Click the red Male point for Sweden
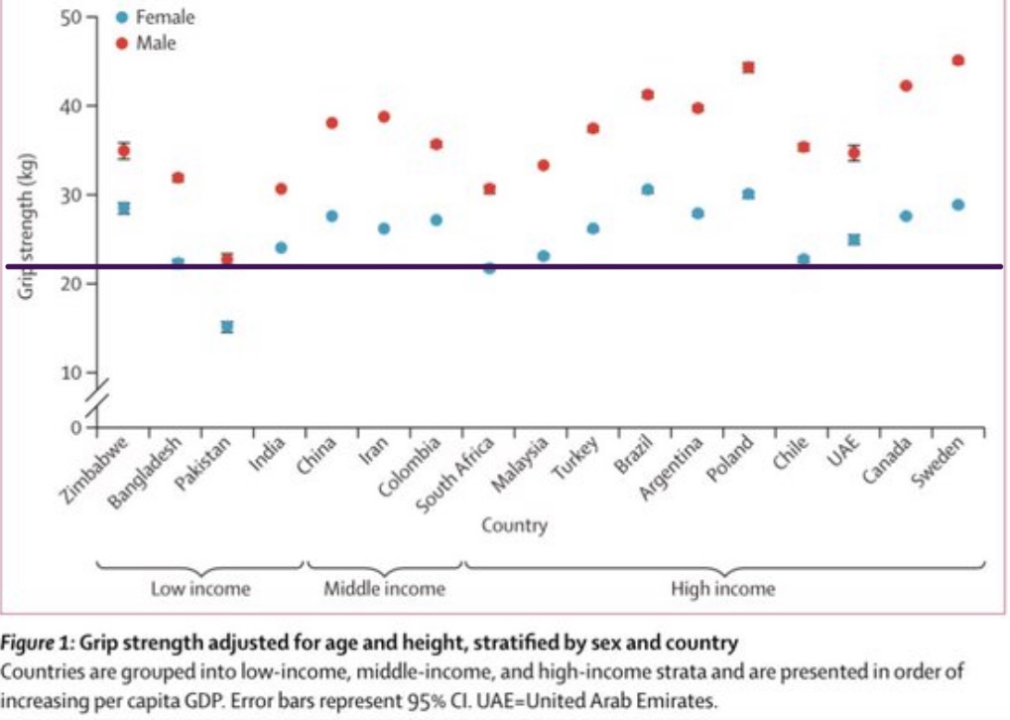click(x=957, y=61)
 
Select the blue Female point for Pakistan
click(x=227, y=327)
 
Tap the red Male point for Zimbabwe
click(x=124, y=152)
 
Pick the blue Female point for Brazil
click(x=648, y=190)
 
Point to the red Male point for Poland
click(x=748, y=68)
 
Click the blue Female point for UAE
click(x=854, y=239)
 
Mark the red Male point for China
click(x=331, y=123)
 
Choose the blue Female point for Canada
click(x=906, y=216)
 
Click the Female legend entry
click(x=155, y=18)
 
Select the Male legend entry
click(x=146, y=43)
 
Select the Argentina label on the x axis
click(x=672, y=468)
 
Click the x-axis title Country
click(x=515, y=525)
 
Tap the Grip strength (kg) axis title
click(x=26, y=226)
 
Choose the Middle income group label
click(x=385, y=589)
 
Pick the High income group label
click(x=722, y=589)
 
